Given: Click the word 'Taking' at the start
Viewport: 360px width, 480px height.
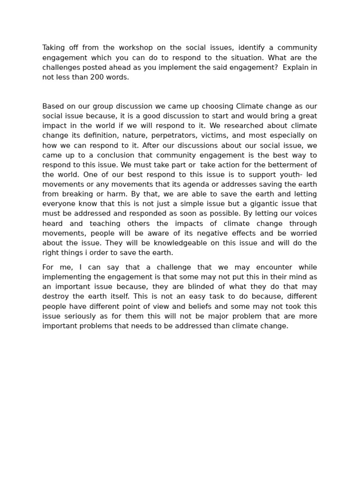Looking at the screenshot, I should (53, 48).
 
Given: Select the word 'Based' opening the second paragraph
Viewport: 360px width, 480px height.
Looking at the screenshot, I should (52, 106).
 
